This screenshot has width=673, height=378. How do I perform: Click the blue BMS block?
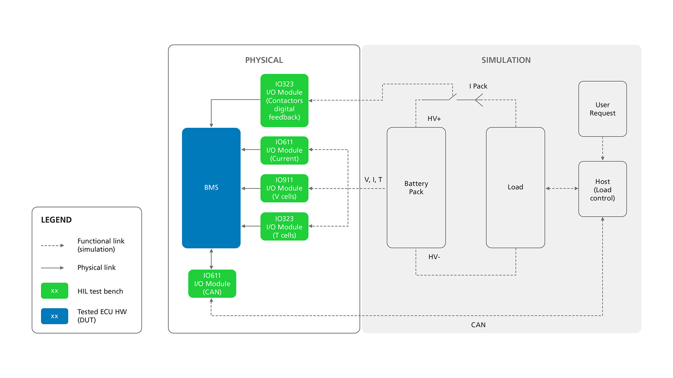211,188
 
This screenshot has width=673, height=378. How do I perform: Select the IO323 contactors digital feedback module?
284,101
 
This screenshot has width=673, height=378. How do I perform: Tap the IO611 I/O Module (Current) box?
284,150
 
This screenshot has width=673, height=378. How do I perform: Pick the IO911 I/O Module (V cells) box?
284,188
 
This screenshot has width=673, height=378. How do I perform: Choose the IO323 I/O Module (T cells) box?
284,227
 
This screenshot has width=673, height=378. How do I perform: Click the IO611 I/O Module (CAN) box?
212,283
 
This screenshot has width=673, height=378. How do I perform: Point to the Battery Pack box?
416,188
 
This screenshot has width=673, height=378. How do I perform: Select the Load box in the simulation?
515,188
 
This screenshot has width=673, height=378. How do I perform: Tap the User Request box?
602,109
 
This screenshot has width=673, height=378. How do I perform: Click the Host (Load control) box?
602,189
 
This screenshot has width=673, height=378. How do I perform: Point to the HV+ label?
434,119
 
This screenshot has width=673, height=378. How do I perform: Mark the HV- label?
434,257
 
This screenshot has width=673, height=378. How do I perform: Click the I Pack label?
478,86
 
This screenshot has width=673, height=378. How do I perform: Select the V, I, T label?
373,180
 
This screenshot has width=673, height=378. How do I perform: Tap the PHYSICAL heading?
264,60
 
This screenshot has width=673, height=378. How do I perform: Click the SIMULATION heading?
506,60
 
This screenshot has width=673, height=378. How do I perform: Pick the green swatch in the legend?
55,291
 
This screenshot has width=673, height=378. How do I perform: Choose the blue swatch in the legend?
55,316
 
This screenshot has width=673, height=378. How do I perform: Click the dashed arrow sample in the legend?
52,245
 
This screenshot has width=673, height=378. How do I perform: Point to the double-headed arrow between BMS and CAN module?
211,259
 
